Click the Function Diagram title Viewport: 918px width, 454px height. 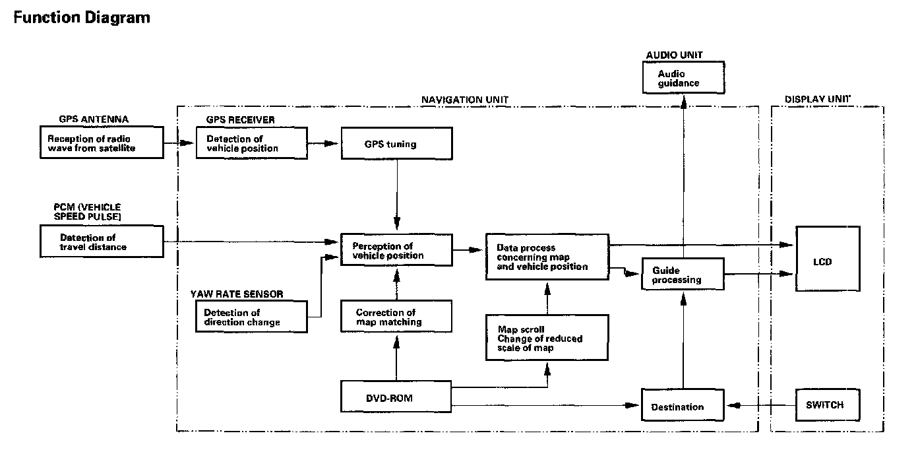point(81,18)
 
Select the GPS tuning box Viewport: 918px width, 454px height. point(396,143)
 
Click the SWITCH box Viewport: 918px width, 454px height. point(827,405)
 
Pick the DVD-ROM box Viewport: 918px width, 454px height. point(396,398)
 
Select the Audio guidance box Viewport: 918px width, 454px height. point(683,78)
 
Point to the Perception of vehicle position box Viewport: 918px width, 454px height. point(396,250)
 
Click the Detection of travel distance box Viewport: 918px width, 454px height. point(102,242)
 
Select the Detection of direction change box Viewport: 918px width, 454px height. point(252,317)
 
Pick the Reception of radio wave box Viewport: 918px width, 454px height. point(102,143)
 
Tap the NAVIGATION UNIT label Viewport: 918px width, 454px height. point(464,100)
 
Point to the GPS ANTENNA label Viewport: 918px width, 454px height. point(93,119)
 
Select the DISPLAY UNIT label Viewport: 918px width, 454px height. point(817,100)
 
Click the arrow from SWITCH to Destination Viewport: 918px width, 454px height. point(758,405)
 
